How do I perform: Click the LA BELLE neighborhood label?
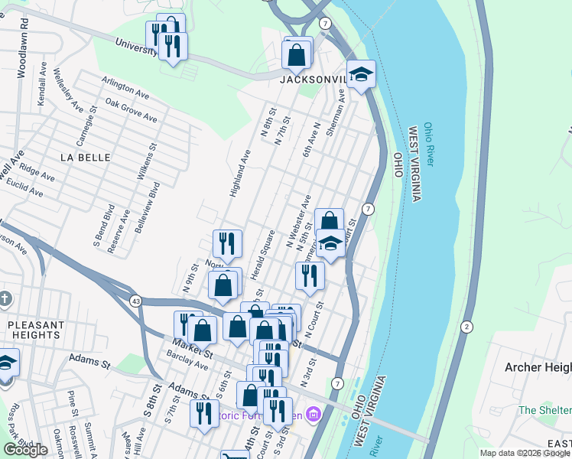(x=85, y=157)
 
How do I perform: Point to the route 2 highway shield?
(x=466, y=327)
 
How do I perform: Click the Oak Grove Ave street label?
(x=131, y=111)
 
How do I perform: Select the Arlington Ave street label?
(x=125, y=87)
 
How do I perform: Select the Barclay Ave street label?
(x=190, y=366)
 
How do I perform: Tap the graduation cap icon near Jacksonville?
(x=361, y=75)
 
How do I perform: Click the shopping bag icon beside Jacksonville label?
(x=297, y=55)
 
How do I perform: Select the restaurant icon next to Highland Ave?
(x=227, y=244)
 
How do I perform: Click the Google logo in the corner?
(x=25, y=450)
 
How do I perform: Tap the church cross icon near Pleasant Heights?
(x=4, y=299)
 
